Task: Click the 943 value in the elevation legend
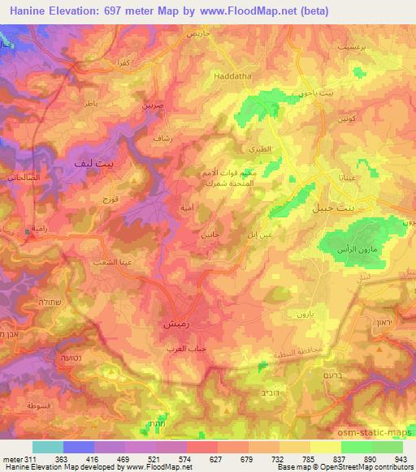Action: click(401, 458)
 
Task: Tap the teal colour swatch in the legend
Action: click(48, 446)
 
